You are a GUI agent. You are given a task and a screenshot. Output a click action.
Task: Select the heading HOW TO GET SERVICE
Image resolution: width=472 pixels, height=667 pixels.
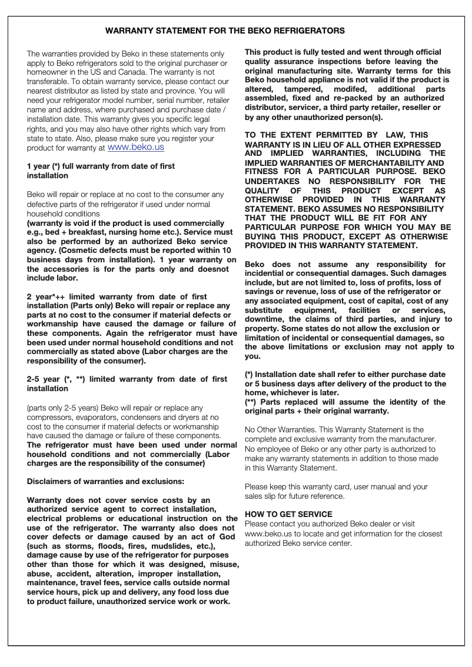(x=288, y=514)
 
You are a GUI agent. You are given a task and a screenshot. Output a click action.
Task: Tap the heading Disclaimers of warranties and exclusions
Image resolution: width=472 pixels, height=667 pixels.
(x=105, y=481)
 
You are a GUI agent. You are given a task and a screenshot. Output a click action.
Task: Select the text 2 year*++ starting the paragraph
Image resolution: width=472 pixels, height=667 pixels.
(x=46, y=296)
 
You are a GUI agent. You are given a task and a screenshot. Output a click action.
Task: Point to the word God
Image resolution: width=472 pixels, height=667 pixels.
(x=227, y=536)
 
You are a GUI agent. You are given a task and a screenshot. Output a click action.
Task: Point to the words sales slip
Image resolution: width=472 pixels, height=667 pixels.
(x=262, y=496)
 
